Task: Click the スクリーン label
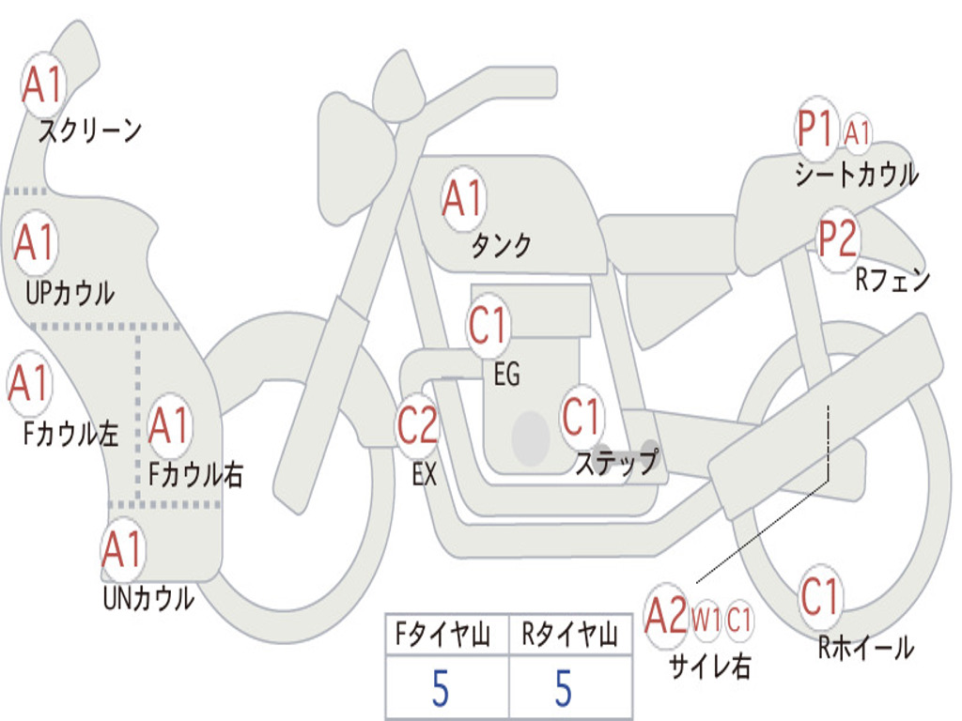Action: [x=89, y=130]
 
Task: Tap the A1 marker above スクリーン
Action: [x=42, y=84]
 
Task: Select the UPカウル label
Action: [x=70, y=293]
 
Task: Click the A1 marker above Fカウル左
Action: [x=29, y=383]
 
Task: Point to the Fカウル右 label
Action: [x=195, y=474]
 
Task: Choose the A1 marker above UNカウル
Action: [x=123, y=549]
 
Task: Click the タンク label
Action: [x=501, y=245]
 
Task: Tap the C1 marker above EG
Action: [x=489, y=325]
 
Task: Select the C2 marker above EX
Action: [x=418, y=425]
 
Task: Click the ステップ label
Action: [x=617, y=462]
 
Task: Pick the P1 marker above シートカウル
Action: [x=816, y=129]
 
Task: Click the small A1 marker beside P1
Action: [x=857, y=132]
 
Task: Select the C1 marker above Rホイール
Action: [x=819, y=596]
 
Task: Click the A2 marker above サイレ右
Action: [x=666, y=616]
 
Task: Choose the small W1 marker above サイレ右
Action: [x=706, y=620]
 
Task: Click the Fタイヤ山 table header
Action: [x=443, y=635]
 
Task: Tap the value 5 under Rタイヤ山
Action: [x=564, y=688]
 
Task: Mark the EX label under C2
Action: [x=425, y=474]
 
